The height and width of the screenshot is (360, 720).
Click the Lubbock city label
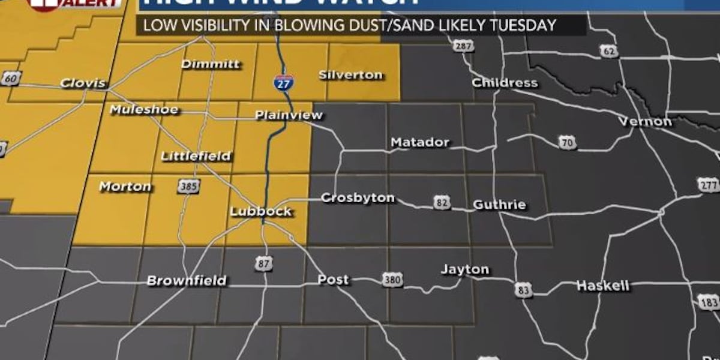tap(261, 211)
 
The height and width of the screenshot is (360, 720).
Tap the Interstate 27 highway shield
tap(283, 82)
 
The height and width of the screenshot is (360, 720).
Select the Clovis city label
tap(83, 83)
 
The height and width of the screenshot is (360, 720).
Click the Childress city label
tap(505, 83)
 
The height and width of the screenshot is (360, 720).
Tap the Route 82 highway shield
tap(442, 203)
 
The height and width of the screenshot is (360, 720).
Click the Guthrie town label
tap(499, 205)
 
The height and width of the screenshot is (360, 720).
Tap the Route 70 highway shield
tap(567, 142)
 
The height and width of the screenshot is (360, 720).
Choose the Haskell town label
tap(602, 286)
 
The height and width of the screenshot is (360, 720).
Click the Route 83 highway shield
tap(523, 290)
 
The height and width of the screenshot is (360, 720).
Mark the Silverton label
tap(350, 75)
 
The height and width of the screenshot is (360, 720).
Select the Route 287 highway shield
tap(463, 46)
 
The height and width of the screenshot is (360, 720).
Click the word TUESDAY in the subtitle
tap(523, 25)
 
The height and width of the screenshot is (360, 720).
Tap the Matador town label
tap(419, 142)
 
